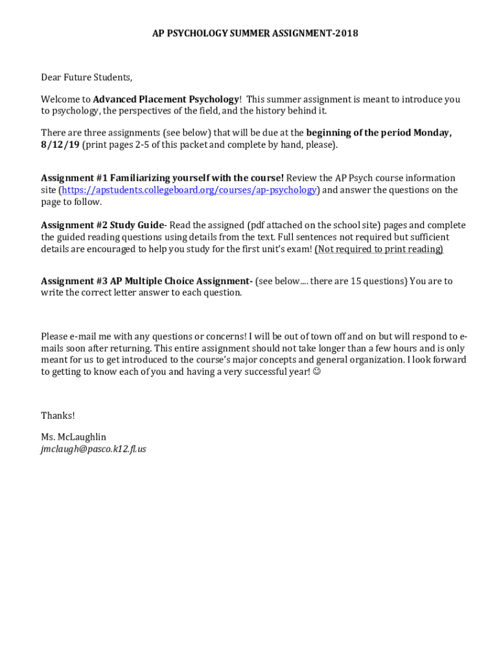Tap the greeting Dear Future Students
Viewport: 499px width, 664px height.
[x=86, y=78]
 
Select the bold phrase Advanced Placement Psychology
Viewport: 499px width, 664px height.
[x=166, y=99]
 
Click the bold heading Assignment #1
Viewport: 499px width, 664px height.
[x=74, y=178]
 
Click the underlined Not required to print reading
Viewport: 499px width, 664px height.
[x=379, y=249]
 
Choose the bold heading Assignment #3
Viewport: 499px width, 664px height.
[x=74, y=281]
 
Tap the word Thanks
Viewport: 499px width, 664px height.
[x=58, y=416]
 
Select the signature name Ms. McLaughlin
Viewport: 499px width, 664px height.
[x=73, y=436]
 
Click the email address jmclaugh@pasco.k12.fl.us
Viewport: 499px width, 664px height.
[x=93, y=449]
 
